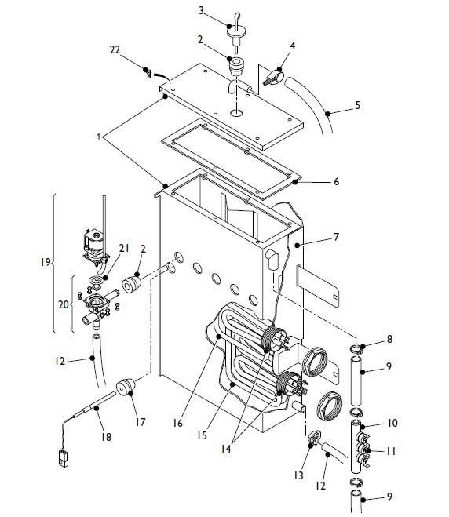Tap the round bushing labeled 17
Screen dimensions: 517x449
[x=123, y=388]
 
